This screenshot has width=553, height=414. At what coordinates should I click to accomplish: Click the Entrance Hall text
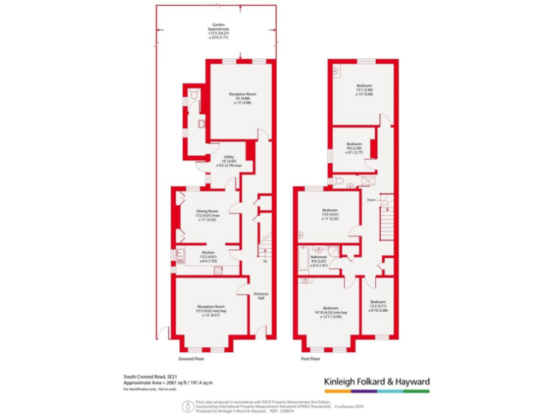(x=261, y=296)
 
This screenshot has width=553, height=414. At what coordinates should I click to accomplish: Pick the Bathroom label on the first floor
(x=319, y=260)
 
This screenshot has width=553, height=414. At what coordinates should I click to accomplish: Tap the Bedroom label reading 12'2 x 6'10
(x=378, y=305)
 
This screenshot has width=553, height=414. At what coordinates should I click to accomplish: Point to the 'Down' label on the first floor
(x=371, y=199)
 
